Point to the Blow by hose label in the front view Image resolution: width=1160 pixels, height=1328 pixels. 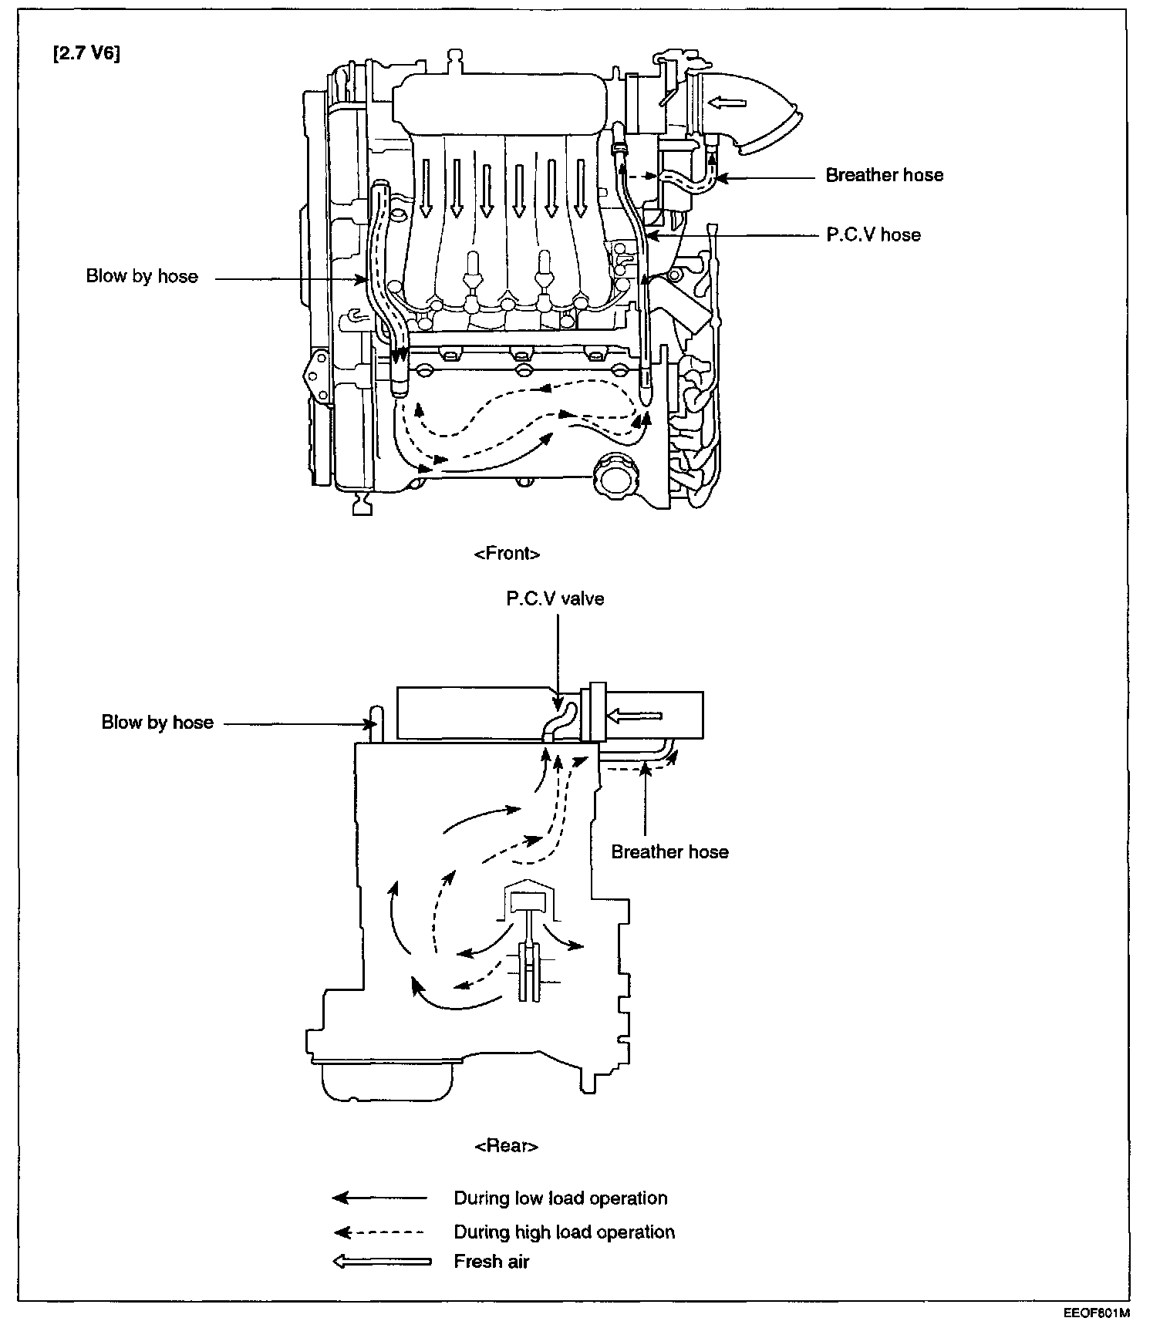(x=142, y=277)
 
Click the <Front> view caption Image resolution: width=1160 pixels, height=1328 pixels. (x=507, y=554)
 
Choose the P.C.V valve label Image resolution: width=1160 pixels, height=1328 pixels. (x=555, y=599)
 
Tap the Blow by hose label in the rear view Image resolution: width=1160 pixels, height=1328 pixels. (x=157, y=723)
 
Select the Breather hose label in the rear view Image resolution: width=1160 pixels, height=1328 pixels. (x=669, y=852)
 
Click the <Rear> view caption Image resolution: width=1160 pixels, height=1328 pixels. (x=506, y=1147)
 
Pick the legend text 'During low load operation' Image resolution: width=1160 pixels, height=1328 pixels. (x=560, y=1198)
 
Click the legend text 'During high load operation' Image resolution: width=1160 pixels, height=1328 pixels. (x=564, y=1232)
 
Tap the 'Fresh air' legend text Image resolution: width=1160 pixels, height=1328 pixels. (x=491, y=1262)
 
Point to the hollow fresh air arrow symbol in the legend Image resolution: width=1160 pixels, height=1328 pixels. (x=381, y=1262)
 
